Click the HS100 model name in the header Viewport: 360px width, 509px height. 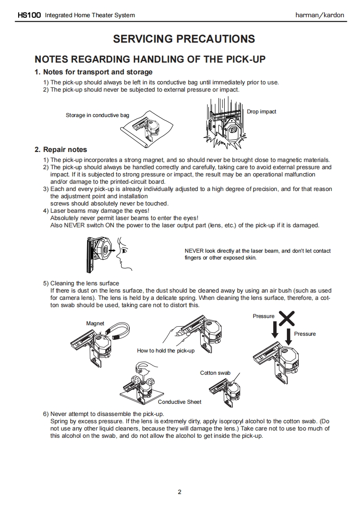29,15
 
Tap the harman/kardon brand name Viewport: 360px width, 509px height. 320,15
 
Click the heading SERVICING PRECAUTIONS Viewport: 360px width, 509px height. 184,39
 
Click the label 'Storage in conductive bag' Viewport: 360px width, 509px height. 97,115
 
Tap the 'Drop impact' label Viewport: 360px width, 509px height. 261,112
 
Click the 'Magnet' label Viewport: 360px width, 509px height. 95,323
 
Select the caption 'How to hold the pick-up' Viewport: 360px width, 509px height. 166,351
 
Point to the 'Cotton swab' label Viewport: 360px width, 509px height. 215,373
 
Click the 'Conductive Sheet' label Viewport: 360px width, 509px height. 179,402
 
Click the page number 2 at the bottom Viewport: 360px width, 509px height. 180,492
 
